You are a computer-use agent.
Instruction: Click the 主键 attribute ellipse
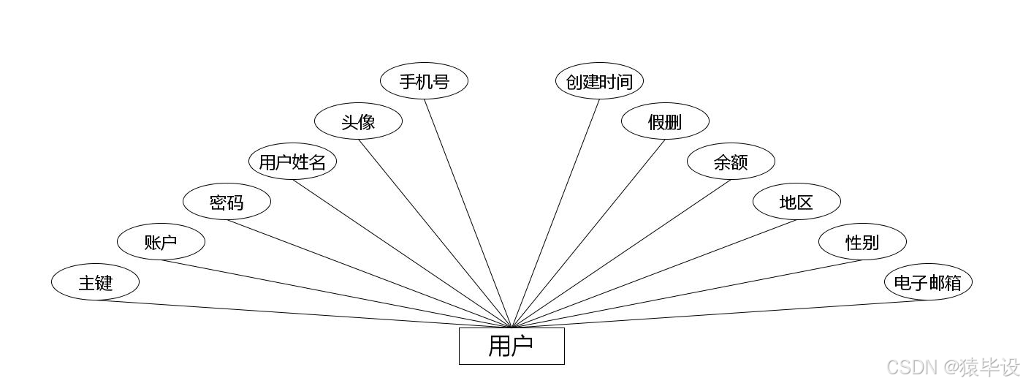click(x=95, y=282)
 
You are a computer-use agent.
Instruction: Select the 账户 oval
click(x=161, y=242)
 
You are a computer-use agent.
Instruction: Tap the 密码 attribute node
click(x=227, y=202)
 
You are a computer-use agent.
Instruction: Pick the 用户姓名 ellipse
click(x=292, y=162)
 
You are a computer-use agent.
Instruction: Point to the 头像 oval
click(x=358, y=121)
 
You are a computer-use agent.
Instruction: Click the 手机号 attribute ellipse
click(x=424, y=81)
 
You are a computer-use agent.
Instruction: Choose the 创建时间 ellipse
click(x=599, y=81)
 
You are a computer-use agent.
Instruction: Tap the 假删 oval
click(x=665, y=121)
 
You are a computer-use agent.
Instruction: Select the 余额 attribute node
click(x=731, y=162)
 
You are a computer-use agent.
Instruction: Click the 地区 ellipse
click(x=796, y=202)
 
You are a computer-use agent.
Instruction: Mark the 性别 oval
click(x=862, y=242)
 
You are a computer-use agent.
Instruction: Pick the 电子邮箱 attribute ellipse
click(x=928, y=282)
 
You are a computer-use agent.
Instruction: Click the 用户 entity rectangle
click(x=512, y=346)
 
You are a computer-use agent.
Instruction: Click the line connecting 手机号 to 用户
click(x=468, y=213)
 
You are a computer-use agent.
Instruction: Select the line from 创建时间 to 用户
click(x=555, y=213)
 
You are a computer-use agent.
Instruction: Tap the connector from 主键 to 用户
click(x=303, y=314)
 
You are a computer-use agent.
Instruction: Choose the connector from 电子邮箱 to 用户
click(x=720, y=314)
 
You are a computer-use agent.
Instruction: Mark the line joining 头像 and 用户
click(x=435, y=233)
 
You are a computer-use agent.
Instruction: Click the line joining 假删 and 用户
click(x=588, y=233)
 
